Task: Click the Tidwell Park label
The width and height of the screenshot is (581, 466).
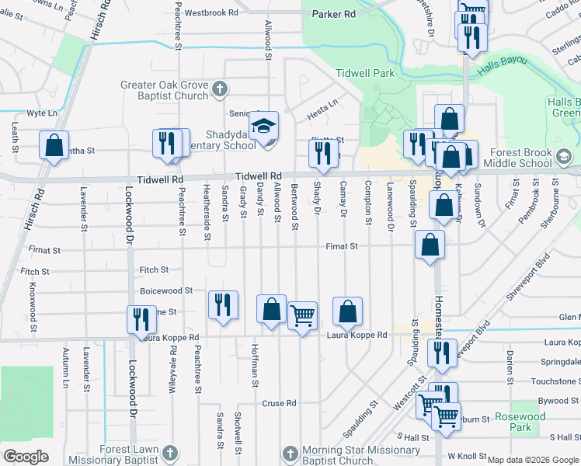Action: pos(365,73)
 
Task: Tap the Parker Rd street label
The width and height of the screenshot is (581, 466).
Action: pos(333,14)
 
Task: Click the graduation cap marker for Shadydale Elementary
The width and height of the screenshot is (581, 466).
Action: pos(264,126)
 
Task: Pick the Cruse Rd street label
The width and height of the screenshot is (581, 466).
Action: pos(280,403)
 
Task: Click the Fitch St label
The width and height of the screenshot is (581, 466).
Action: pos(154,270)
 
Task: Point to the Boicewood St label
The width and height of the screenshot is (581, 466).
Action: pos(165,290)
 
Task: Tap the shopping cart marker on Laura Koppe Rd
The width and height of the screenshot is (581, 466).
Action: pos(303,316)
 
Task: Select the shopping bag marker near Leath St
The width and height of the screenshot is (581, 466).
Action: pos(54,145)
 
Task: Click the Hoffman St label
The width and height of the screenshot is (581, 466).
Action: pos(255,361)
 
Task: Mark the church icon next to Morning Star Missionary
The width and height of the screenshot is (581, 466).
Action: pos(288,453)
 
